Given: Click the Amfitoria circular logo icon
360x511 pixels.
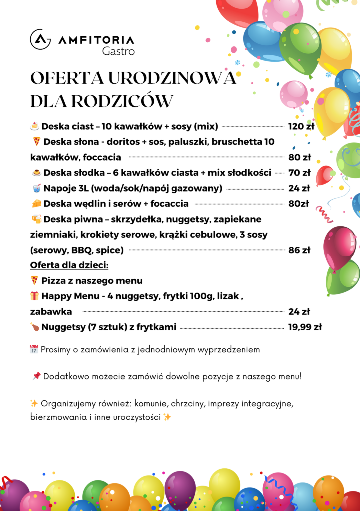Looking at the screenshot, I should point(40,39).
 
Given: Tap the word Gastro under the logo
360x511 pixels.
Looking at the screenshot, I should point(118,51).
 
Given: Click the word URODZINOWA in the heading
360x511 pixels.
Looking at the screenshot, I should point(172,79).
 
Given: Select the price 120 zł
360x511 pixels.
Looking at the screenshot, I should point(301,126).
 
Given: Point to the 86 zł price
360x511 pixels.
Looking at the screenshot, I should point(299,250).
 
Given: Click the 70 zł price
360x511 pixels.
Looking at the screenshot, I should point(299,173).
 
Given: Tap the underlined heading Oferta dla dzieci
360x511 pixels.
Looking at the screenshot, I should point(69,264).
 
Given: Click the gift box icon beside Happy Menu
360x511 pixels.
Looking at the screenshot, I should point(34,296).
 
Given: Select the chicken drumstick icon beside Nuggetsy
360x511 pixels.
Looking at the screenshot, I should point(34,327).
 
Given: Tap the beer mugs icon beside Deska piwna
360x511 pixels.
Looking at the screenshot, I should point(36,219).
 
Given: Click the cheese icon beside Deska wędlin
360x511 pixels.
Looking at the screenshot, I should point(36,204).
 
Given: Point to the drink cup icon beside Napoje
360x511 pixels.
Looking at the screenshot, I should point(36,188).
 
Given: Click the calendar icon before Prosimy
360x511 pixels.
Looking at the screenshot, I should point(34,349).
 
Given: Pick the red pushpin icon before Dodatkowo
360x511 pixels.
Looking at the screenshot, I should point(36,376).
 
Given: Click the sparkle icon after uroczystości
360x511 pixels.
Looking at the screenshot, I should point(167,417).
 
